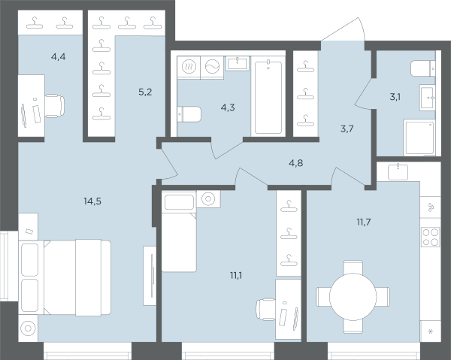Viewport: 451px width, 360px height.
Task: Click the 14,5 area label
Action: [x=92, y=201]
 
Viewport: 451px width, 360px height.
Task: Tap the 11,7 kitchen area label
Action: [x=364, y=222]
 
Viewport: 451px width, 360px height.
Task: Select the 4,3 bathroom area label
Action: [x=228, y=107]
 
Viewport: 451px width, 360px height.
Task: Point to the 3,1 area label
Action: [x=395, y=97]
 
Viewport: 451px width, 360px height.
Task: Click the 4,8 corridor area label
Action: [x=295, y=163]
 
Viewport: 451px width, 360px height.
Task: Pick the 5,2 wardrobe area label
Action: [x=145, y=92]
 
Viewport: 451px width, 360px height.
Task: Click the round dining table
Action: [x=353, y=297]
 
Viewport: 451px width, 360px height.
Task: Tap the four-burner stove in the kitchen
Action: [x=431, y=237]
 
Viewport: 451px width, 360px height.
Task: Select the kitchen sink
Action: [x=398, y=172]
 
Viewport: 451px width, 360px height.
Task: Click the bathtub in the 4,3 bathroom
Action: [x=268, y=96]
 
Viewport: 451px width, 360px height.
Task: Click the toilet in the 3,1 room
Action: [x=422, y=68]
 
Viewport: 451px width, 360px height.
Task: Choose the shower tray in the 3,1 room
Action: [x=419, y=138]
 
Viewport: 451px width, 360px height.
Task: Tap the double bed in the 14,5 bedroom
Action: [x=65, y=278]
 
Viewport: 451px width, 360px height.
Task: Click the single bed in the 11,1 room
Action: [x=179, y=231]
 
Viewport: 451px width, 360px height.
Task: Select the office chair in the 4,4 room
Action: [x=55, y=106]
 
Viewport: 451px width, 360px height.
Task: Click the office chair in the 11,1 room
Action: [x=266, y=310]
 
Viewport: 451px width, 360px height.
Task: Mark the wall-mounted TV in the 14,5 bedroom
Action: [x=153, y=275]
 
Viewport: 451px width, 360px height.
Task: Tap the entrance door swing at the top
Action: [x=343, y=29]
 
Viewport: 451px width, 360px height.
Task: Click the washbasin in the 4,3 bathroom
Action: [x=238, y=63]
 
